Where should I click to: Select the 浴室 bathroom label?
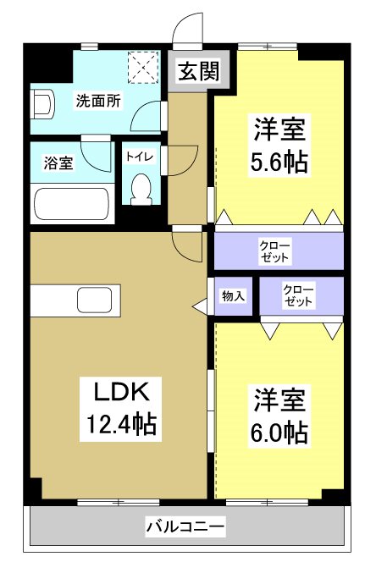click(x=58, y=163)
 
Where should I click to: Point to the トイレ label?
click(x=140, y=157)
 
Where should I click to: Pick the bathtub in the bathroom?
click(x=72, y=204)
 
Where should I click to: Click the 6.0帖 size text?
click(x=279, y=432)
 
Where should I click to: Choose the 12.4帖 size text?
click(x=121, y=423)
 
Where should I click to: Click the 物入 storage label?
click(x=233, y=296)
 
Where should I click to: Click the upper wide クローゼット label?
click(x=275, y=251)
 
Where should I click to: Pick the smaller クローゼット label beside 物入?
click(x=298, y=296)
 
